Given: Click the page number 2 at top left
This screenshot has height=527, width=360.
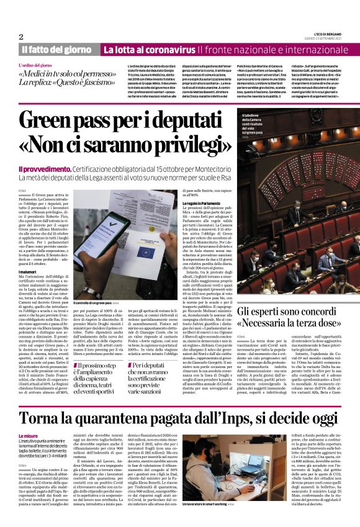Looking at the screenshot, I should (x=21, y=36).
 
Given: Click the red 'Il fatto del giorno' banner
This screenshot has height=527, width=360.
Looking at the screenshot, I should (x=56, y=49).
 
